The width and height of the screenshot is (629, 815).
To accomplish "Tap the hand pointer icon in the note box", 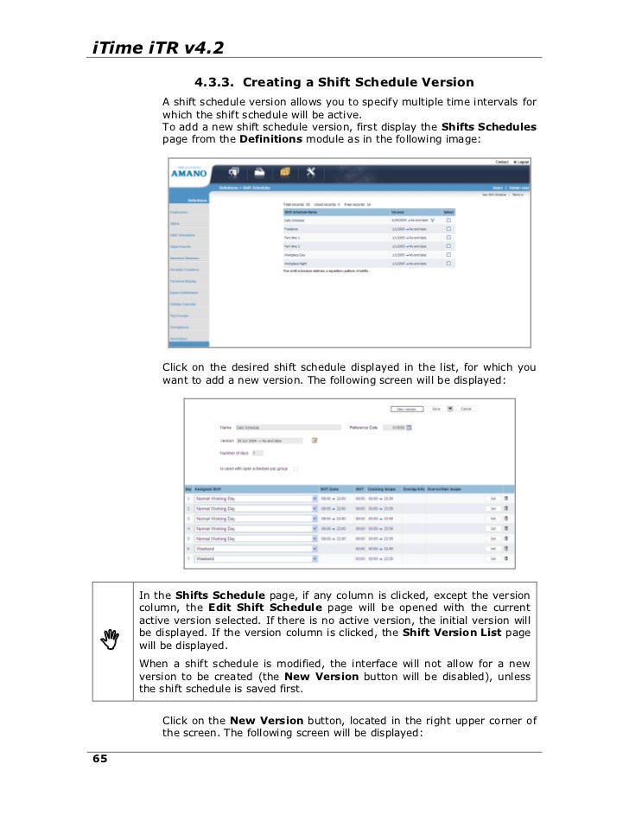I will tap(110, 640).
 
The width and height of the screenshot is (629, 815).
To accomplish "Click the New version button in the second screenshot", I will tap(406, 409).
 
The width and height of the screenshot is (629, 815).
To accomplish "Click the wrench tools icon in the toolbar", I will tap(312, 171).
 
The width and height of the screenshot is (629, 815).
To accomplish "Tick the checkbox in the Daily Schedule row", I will tap(448, 220).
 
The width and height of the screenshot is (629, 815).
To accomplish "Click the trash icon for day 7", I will tap(506, 559).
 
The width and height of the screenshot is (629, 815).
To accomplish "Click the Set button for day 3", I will tap(492, 519).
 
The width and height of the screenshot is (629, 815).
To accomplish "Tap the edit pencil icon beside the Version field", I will tap(314, 440).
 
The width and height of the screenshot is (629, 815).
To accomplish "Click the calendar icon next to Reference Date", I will tap(409, 427).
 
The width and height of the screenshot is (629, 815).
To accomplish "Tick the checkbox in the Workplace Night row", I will tap(448, 263).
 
